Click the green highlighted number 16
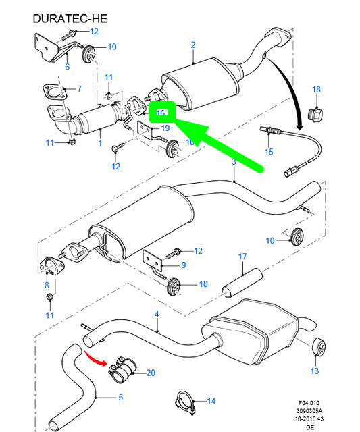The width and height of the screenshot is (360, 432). coord(161,113)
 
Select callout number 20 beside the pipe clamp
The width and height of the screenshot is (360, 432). coord(150,373)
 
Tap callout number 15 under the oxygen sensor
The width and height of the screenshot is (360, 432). coord(269,152)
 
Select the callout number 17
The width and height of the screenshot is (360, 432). coord(242,256)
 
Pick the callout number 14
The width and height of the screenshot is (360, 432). coord(211,402)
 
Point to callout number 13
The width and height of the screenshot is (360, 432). coord(313,371)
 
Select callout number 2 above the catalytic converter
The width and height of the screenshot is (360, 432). coord(192,45)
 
